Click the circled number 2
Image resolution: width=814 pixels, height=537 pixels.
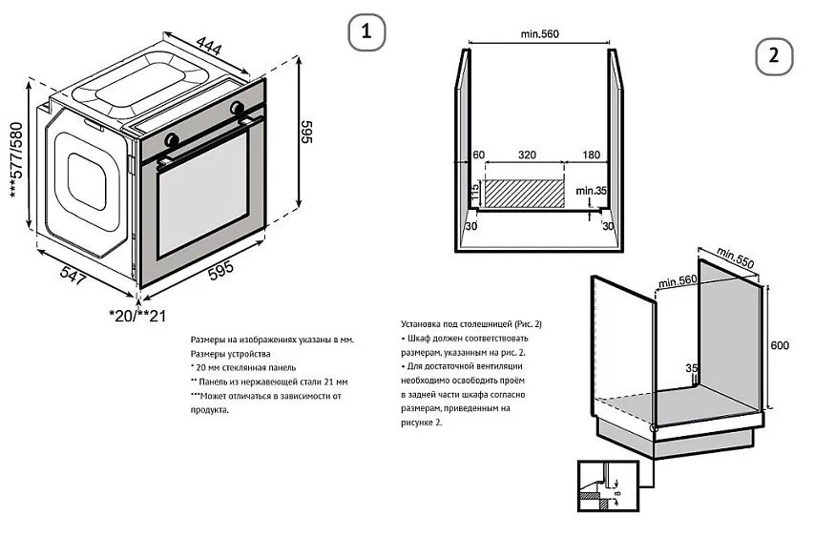(774, 56)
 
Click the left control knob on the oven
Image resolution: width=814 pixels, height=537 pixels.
(172, 139)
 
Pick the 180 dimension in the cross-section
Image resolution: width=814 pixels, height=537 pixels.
(590, 155)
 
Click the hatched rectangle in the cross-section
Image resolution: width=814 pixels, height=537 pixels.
(524, 194)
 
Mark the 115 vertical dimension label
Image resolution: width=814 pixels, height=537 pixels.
(472, 192)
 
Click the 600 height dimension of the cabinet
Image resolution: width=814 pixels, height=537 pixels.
(780, 346)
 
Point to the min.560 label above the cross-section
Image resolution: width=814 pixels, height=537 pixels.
(539, 34)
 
